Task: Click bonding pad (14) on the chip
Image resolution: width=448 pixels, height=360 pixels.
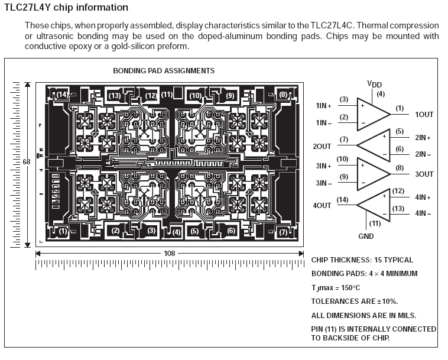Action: [62, 95]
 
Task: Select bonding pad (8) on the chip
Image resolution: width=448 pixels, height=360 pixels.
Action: [283, 95]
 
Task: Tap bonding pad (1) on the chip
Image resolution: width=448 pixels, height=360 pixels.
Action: [62, 231]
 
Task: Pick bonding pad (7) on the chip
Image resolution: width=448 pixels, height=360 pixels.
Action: [283, 231]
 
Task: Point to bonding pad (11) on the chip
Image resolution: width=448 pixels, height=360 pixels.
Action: [167, 95]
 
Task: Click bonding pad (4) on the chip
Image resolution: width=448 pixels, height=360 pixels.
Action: [177, 232]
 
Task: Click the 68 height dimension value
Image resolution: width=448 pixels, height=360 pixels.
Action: [26, 162]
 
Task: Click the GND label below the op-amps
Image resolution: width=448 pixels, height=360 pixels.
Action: [366, 236]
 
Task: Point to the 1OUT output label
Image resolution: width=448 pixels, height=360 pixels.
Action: [424, 114]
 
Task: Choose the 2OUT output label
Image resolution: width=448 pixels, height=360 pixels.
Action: [322, 146]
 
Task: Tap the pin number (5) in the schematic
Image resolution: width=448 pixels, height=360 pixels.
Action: [400, 131]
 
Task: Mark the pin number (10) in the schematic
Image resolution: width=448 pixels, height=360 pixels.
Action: [343, 158]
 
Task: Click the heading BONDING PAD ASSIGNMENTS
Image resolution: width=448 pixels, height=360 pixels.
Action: [163, 70]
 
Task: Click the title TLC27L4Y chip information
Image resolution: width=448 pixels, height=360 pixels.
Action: [66, 8]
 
